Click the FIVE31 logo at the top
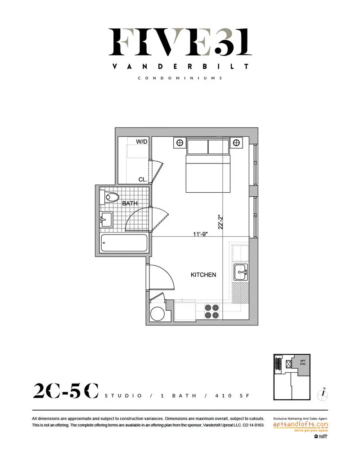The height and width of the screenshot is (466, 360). (180, 42)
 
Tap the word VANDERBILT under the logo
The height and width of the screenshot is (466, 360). (180, 66)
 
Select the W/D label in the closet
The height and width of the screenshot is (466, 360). (142, 142)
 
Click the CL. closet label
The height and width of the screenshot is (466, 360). (143, 179)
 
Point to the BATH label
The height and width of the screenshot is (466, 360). (130, 204)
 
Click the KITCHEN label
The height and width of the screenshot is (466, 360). (203, 275)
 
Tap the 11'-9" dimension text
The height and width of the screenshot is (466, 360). (199, 234)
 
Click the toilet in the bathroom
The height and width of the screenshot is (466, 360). (111, 197)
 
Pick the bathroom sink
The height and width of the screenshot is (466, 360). (107, 220)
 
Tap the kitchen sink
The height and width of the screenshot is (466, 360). (241, 271)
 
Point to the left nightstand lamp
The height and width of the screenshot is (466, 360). (180, 143)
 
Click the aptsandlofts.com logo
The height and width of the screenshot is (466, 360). (301, 425)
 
